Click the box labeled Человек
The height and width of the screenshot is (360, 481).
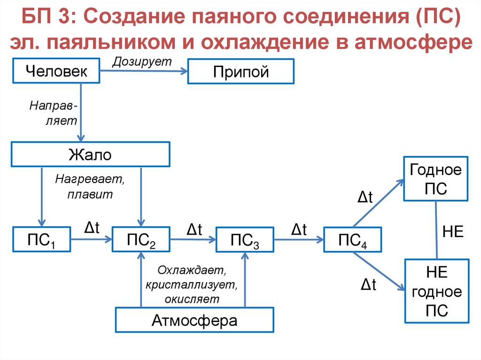(x=56, y=71)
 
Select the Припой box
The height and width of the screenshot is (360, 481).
(x=240, y=71)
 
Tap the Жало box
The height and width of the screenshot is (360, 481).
(x=90, y=154)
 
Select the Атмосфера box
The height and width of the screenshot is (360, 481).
(x=194, y=321)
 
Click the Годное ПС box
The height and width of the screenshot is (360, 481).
(x=436, y=179)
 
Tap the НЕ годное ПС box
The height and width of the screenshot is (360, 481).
(x=436, y=291)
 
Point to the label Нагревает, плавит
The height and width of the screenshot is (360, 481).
(x=91, y=187)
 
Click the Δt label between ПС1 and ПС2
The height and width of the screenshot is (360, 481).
(x=91, y=228)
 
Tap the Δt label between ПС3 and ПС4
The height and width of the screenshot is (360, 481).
(x=299, y=229)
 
